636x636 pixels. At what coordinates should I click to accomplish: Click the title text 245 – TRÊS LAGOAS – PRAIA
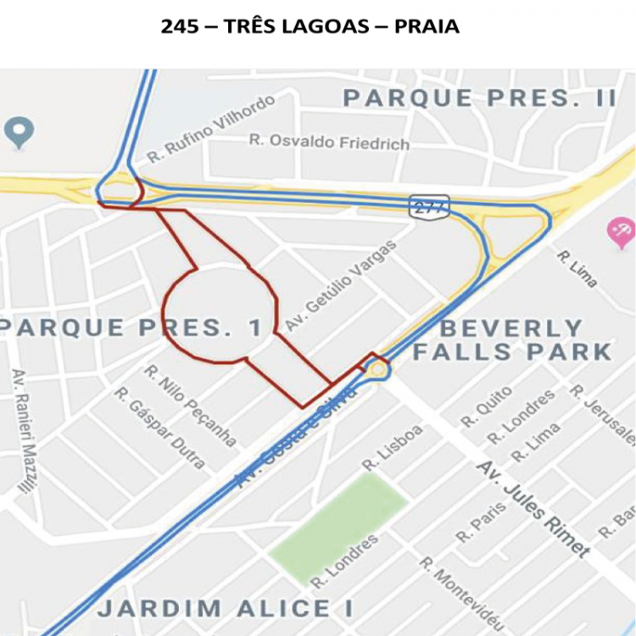click(310, 27)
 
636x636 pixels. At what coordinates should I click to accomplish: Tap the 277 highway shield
click(428, 206)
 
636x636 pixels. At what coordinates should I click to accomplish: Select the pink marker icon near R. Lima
click(621, 230)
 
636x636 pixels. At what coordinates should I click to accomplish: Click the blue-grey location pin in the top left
click(19, 132)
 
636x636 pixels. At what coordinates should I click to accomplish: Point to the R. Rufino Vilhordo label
click(210, 130)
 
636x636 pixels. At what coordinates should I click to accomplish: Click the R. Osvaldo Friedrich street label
click(329, 142)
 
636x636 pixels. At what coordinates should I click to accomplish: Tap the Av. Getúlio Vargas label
click(341, 286)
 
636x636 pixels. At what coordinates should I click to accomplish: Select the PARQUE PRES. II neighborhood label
click(480, 98)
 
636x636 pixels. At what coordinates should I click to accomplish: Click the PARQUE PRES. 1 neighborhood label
click(131, 327)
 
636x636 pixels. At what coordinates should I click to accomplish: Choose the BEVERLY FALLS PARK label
click(512, 340)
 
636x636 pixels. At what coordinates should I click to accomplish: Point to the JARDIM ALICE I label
click(225, 608)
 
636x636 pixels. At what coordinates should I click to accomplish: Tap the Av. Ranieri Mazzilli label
click(25, 432)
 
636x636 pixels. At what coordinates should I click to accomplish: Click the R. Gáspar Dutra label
click(160, 428)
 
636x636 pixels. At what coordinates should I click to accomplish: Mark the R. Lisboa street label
click(393, 447)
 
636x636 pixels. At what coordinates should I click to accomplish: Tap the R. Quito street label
click(486, 406)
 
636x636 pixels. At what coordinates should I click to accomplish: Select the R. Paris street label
click(481, 522)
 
